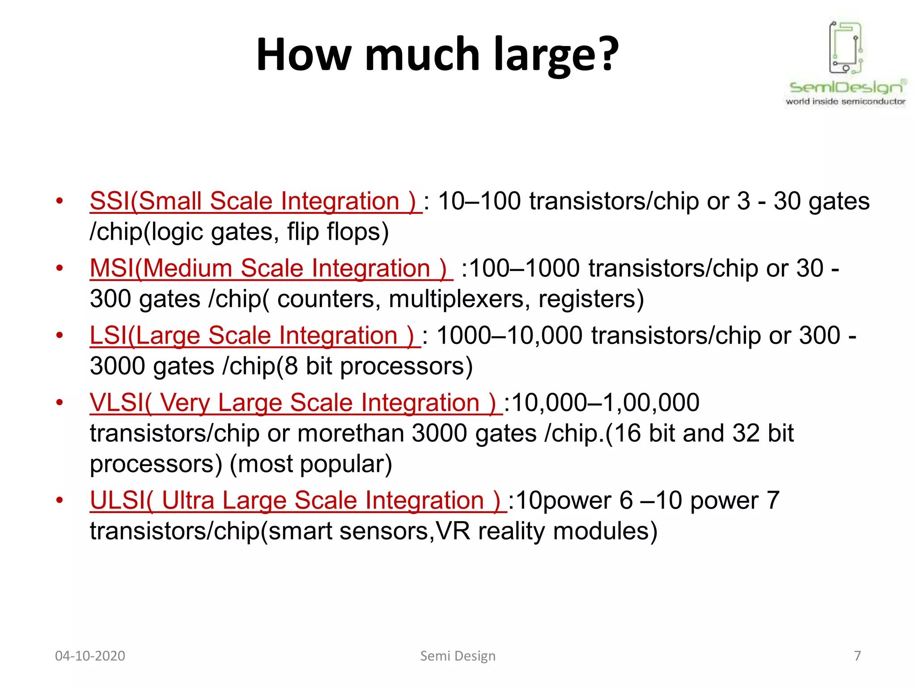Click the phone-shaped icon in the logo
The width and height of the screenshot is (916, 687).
click(x=845, y=47)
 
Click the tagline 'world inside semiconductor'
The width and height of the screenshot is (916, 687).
click(x=845, y=102)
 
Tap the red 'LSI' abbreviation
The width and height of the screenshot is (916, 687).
click(x=108, y=335)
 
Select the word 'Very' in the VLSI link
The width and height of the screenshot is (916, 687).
click(x=185, y=403)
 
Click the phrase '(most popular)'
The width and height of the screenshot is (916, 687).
click(x=311, y=464)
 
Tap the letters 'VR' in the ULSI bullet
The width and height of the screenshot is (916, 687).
click(x=453, y=531)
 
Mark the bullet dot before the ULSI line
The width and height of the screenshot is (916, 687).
click(x=59, y=500)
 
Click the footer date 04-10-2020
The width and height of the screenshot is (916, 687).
click(x=90, y=656)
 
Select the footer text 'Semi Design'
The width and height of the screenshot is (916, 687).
click(x=458, y=656)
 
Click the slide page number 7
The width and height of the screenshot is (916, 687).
click(x=857, y=656)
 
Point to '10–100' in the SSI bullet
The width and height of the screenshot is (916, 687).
click(x=479, y=201)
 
